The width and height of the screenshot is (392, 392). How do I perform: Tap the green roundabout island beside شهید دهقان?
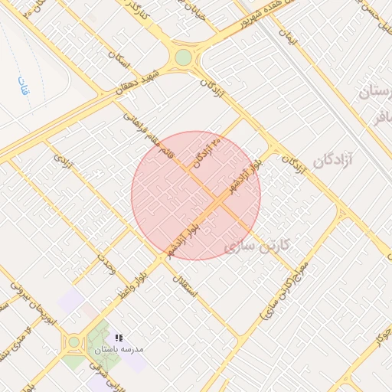(183, 57)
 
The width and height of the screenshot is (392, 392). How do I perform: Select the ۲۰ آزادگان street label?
(207, 150)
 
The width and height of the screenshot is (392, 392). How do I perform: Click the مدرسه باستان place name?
(119, 349)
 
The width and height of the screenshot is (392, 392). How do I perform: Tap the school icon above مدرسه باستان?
(119, 337)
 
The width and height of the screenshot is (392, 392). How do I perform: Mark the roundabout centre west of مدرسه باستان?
(74, 342)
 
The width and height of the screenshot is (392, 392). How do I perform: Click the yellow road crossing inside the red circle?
(215, 201)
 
